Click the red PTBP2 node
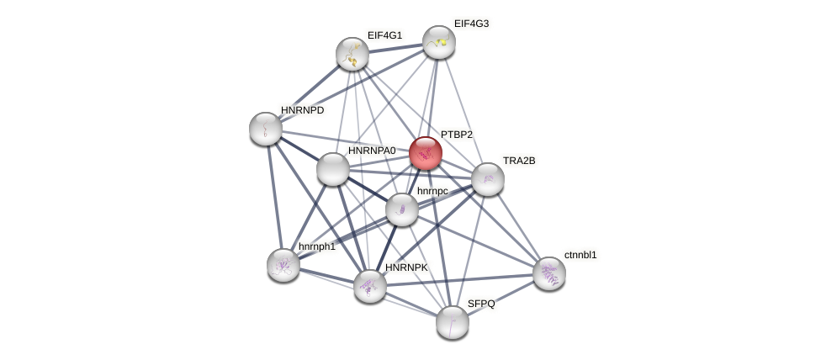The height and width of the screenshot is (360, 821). (426, 153)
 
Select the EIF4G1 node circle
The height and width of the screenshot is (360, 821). (352, 54)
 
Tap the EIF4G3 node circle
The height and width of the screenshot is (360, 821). (439, 42)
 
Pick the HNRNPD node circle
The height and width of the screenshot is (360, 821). (266, 129)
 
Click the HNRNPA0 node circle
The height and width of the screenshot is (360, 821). (333, 169)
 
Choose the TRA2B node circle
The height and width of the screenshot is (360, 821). (488, 179)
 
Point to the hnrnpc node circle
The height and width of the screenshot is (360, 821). (402, 209)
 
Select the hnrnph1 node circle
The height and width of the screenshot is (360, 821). (283, 265)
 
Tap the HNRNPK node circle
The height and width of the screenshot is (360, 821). (370, 286)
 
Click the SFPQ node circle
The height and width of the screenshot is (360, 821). (453, 321)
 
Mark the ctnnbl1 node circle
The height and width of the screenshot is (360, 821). (549, 273)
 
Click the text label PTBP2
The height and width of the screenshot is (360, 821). (457, 135)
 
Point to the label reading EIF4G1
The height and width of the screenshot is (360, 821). (384, 35)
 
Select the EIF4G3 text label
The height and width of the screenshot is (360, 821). (471, 24)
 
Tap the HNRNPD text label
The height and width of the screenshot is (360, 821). (302, 110)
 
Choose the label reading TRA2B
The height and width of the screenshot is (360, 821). (519, 161)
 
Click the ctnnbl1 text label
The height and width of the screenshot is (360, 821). (580, 255)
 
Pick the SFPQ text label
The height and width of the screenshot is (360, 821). (481, 304)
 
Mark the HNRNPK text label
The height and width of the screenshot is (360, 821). (406, 267)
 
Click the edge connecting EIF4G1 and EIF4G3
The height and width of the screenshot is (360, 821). (395, 48)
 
